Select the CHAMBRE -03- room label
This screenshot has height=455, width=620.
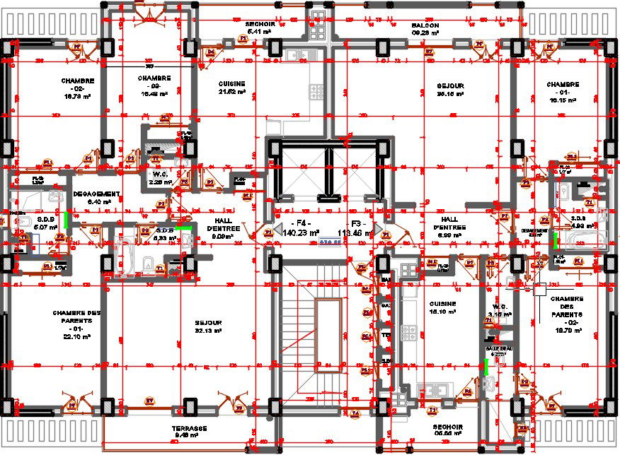tap(154, 85)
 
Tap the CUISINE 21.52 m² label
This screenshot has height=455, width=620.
tap(231, 87)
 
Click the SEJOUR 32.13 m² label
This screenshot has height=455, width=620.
tap(209, 326)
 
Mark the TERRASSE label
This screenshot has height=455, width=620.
tap(189, 432)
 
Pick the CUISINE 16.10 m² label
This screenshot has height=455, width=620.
tap(442, 307)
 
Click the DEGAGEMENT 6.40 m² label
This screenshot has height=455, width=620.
tap(97, 197)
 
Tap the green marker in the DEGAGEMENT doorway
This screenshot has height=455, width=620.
tap(66, 220)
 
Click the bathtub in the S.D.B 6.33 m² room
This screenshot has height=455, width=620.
tap(126, 254)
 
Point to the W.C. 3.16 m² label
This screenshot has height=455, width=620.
tap(499, 310)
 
